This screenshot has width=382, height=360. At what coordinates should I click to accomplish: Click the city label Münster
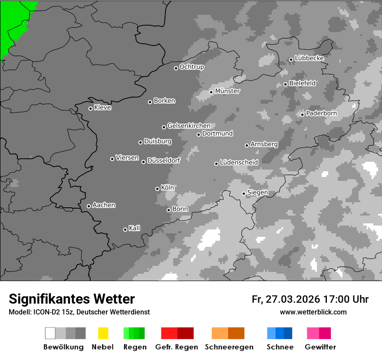click(x=227, y=91)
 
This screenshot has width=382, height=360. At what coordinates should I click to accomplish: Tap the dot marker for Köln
click(x=157, y=189)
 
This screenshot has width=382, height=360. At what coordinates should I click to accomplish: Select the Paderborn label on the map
click(x=321, y=114)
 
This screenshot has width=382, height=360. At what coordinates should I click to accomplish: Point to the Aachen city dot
click(x=89, y=206)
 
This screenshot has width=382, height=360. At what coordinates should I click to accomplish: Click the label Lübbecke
click(x=309, y=58)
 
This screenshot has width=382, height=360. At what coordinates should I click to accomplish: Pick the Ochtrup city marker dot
click(x=176, y=68)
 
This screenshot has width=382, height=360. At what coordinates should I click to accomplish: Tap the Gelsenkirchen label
click(x=189, y=126)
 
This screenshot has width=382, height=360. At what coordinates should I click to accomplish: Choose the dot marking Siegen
click(x=244, y=193)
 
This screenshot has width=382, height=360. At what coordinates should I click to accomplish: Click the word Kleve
click(x=102, y=108)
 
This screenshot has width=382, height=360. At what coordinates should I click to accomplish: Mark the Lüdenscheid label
click(x=239, y=163)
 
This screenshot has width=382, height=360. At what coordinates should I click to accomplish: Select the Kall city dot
click(x=125, y=229)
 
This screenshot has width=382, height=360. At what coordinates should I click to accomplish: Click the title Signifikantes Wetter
click(x=72, y=299)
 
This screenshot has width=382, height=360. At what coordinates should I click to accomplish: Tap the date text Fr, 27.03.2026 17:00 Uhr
click(x=310, y=299)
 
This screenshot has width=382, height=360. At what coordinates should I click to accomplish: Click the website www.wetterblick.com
click(x=313, y=312)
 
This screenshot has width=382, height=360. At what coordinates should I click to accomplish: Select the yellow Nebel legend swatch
click(x=103, y=333)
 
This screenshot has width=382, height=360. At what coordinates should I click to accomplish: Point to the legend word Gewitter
click(x=320, y=347)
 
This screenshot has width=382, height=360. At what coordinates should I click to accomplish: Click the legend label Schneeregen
click(x=229, y=347)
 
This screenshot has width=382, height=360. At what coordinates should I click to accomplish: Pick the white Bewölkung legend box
click(x=50, y=333)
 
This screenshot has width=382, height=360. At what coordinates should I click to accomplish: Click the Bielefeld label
click(x=302, y=83)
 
